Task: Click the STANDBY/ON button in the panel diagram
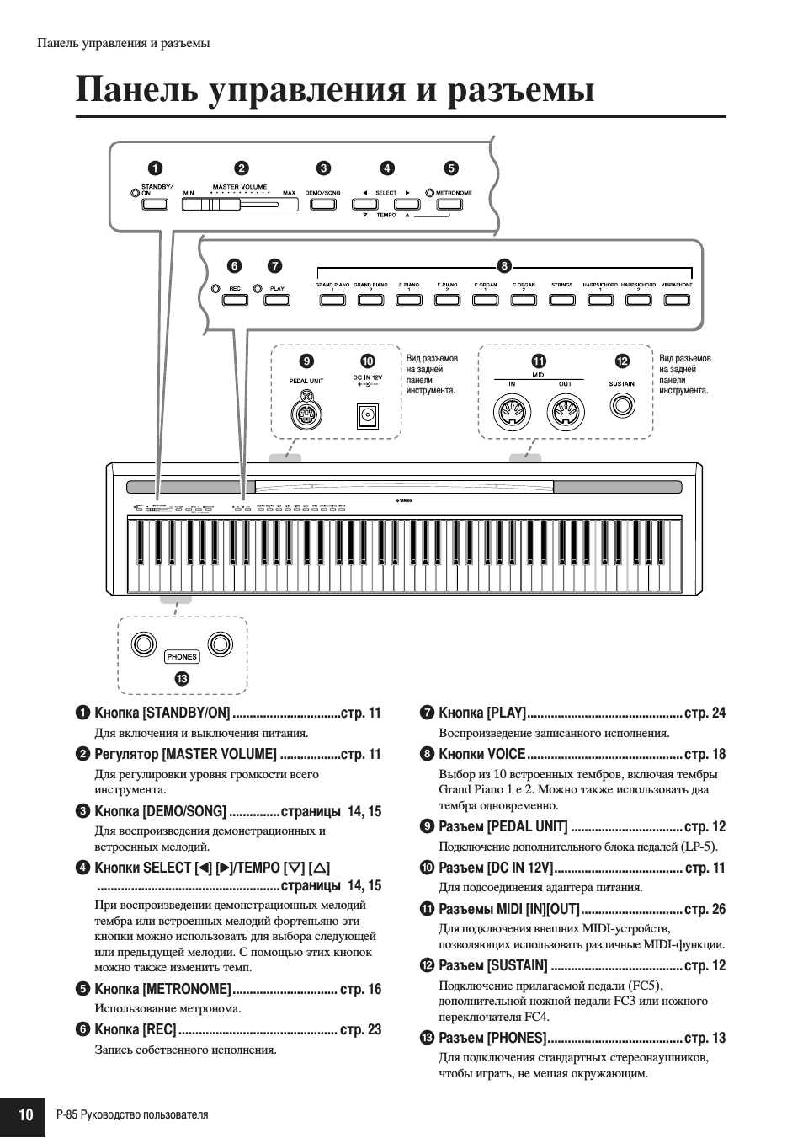coord(154,204)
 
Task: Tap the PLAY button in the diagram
coord(276,299)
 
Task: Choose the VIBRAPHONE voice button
coord(676,299)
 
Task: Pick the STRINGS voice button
coord(561,299)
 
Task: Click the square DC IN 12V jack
coord(368,416)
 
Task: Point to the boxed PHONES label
coord(182,657)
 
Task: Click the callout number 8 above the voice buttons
coord(504,266)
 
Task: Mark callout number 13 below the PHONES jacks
coord(182,678)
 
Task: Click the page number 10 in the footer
coord(25,1115)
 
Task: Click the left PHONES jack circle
coord(144,645)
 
